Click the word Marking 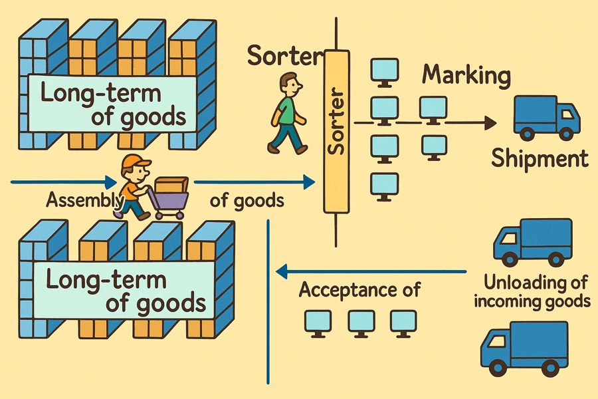(466, 76)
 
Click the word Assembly (85, 201)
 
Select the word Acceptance (344, 290)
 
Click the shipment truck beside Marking (547, 117)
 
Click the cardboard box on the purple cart (171, 185)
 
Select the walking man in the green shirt (288, 114)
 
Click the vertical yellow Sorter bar (336, 131)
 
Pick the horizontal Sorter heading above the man (285, 55)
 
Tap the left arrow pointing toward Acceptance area (371, 272)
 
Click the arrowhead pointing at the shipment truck (490, 123)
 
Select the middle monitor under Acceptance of (361, 324)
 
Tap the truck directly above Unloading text (533, 243)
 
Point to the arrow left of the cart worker (64, 182)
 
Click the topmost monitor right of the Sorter (385, 72)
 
